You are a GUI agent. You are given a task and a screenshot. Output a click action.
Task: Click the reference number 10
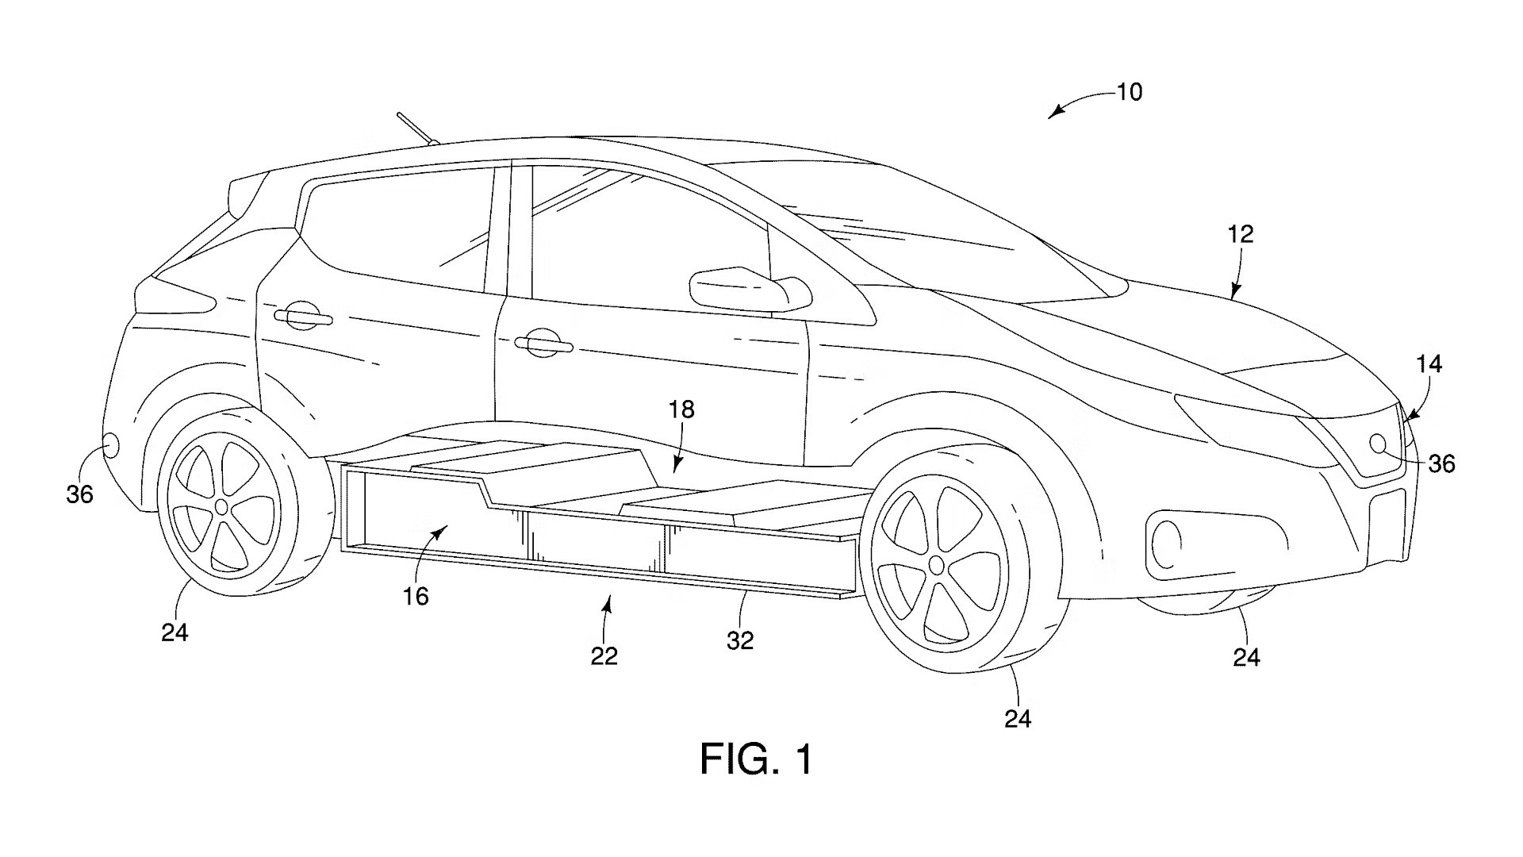click(x=1130, y=92)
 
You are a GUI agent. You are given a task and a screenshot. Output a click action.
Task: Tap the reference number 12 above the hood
click(x=1241, y=234)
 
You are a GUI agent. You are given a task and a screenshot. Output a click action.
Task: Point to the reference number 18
click(x=681, y=409)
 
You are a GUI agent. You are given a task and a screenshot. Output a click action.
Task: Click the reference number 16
click(x=416, y=596)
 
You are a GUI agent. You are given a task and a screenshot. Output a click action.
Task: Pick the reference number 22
click(x=604, y=655)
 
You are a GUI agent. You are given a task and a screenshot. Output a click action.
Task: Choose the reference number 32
click(x=739, y=640)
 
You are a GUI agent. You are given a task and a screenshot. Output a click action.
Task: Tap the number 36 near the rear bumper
click(x=79, y=494)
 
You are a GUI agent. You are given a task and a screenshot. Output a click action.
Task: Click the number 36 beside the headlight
click(x=1441, y=463)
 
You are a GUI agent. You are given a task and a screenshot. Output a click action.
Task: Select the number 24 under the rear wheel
click(x=175, y=632)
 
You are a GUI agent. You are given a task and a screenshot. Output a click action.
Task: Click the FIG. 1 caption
click(x=756, y=759)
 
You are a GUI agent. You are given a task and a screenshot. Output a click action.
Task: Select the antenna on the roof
click(x=419, y=130)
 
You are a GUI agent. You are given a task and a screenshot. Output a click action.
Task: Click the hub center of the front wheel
click(x=937, y=565)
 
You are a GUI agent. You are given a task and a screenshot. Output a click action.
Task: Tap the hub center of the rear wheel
click(x=221, y=506)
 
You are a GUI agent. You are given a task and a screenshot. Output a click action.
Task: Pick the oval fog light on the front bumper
click(x=1164, y=544)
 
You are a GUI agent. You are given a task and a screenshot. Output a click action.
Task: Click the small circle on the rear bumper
click(x=110, y=445)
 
